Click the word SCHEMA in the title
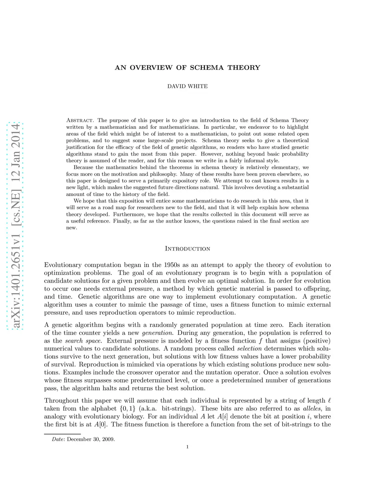tap(207, 67)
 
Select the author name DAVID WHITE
tap(187, 86)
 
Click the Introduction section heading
tap(187, 249)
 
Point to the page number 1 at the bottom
tap(187, 447)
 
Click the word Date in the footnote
tap(58, 439)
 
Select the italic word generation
tap(157, 333)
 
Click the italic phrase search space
tap(83, 341)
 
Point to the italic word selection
tap(249, 348)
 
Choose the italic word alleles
tap(312, 408)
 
